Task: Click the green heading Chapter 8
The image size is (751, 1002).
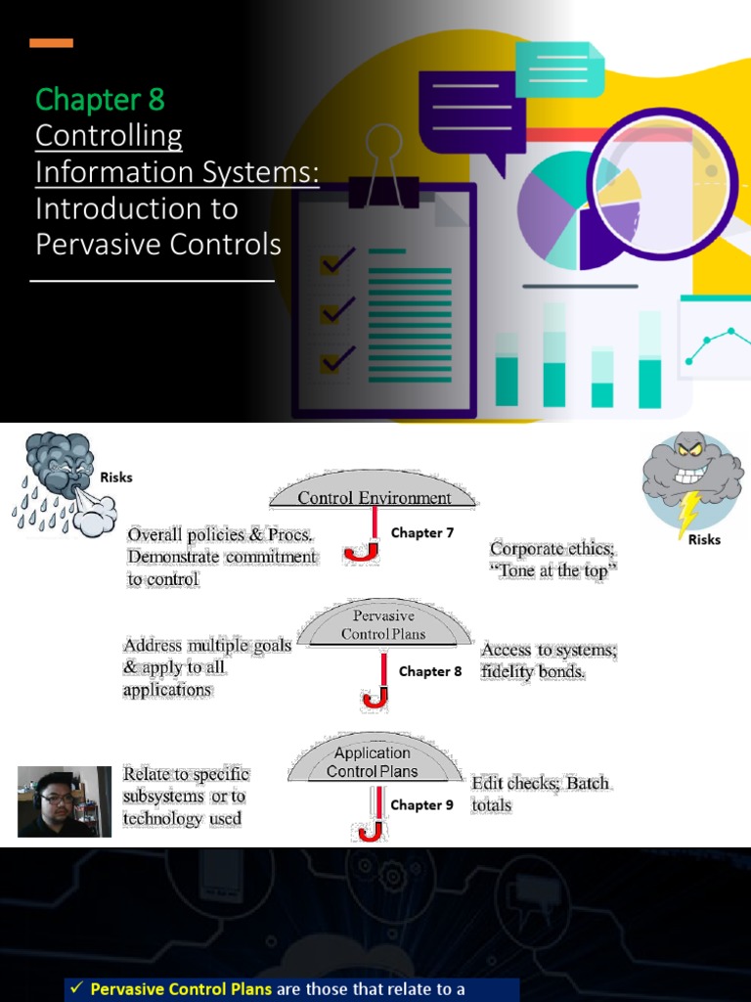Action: pyautogui.click(x=100, y=100)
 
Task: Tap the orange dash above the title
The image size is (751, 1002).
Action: pyautogui.click(x=51, y=43)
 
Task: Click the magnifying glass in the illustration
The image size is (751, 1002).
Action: pyautogui.click(x=662, y=186)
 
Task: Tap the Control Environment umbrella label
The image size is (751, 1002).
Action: pyautogui.click(x=375, y=498)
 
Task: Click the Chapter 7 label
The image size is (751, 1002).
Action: pyautogui.click(x=422, y=533)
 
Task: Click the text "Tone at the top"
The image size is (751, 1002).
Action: pyautogui.click(x=553, y=571)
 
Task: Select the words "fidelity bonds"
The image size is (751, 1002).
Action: pyautogui.click(x=533, y=673)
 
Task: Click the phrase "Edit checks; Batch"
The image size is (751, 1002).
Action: pyautogui.click(x=540, y=784)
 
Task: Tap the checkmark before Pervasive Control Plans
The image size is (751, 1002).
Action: pyautogui.click(x=75, y=989)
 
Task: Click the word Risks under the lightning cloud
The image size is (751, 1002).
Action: pyautogui.click(x=704, y=539)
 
